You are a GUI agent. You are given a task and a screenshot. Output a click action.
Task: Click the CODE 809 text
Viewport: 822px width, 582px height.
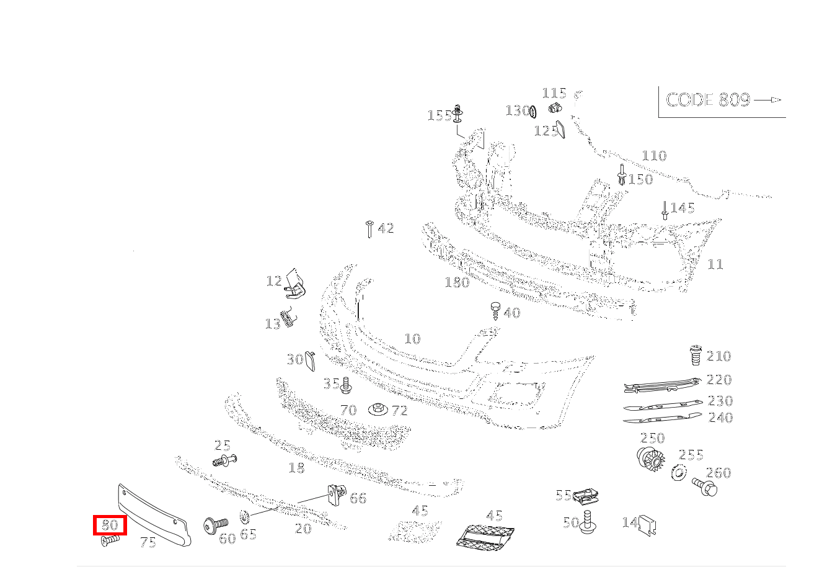click(x=708, y=100)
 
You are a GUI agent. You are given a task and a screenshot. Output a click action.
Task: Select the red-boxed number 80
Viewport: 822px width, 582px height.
click(x=110, y=526)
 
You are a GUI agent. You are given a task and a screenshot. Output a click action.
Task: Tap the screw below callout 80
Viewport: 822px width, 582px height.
click(x=109, y=541)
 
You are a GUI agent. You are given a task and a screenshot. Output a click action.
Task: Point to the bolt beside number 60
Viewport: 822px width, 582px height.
click(x=214, y=525)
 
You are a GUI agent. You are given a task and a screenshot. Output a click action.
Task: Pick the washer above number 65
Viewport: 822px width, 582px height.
click(x=244, y=516)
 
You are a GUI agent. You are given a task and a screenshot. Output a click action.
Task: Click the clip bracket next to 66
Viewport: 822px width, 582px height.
click(x=335, y=494)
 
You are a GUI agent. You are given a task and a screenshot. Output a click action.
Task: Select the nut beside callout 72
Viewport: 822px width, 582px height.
click(x=377, y=410)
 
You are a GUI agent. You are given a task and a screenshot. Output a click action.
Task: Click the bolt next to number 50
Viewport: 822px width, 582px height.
click(x=588, y=522)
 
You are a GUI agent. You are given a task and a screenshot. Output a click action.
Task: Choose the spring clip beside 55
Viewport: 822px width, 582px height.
click(x=586, y=495)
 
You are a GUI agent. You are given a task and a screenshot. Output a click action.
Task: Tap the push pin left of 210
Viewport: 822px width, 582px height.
click(x=696, y=355)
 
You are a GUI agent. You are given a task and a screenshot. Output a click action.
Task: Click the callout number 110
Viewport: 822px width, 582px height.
click(x=653, y=156)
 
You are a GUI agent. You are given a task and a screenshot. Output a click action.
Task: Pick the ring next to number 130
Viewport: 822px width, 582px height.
click(x=532, y=111)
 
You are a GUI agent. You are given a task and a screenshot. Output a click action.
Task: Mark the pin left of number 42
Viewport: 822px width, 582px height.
click(x=369, y=228)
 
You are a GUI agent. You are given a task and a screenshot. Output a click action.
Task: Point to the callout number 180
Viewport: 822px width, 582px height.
click(x=457, y=282)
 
